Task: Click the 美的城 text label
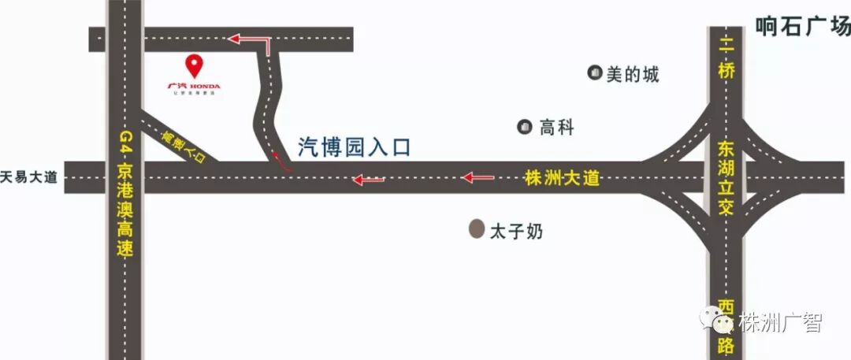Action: tap(633, 75)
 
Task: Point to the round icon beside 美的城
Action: tap(594, 73)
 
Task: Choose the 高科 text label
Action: tap(556, 127)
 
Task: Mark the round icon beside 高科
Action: tap(524, 126)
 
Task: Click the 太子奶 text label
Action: tap(517, 232)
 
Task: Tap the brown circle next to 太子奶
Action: tap(476, 230)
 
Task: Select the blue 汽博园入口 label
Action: tap(355, 147)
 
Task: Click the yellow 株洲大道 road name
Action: tap(562, 179)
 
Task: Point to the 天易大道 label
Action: tap(30, 177)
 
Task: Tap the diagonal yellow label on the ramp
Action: tap(184, 147)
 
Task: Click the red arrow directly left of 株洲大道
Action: tap(478, 177)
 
